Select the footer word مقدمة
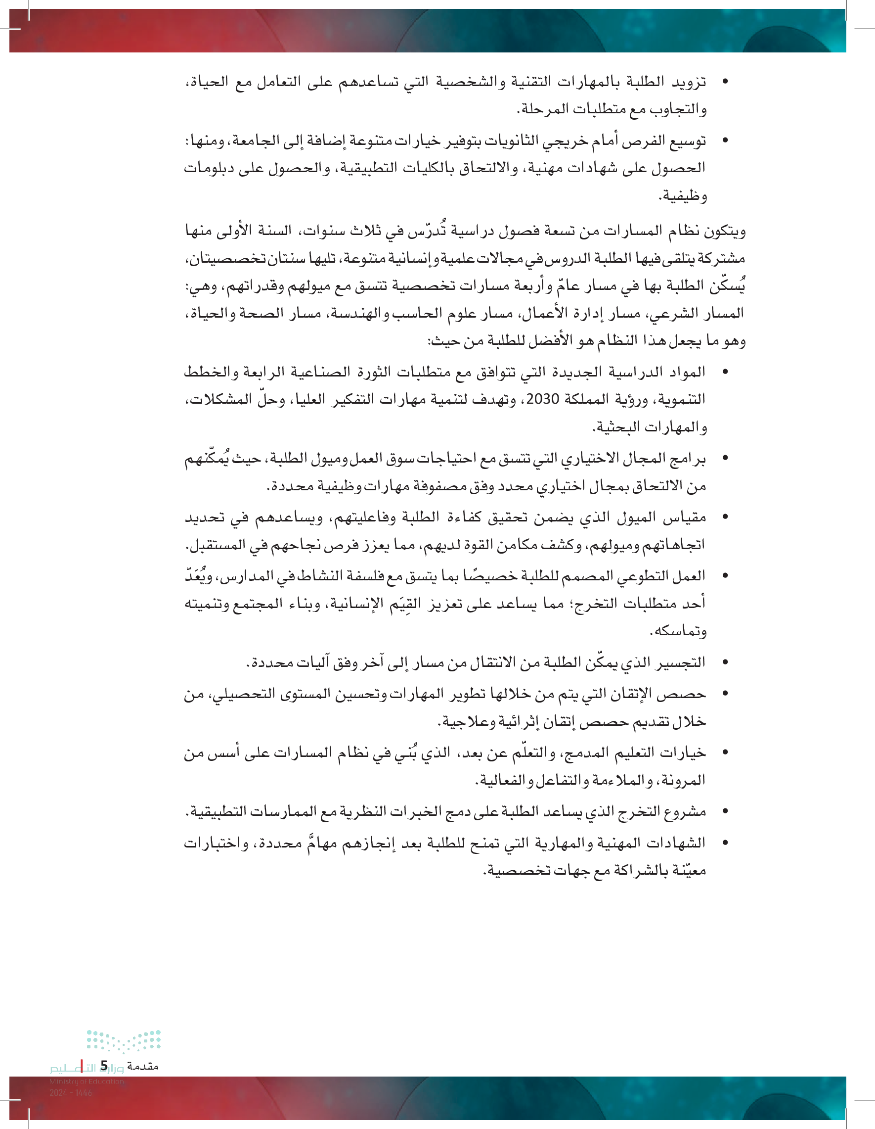(x=142, y=1066)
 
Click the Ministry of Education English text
(x=87, y=1081)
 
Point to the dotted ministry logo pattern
(x=124, y=1040)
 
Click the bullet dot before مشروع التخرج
(x=725, y=811)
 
